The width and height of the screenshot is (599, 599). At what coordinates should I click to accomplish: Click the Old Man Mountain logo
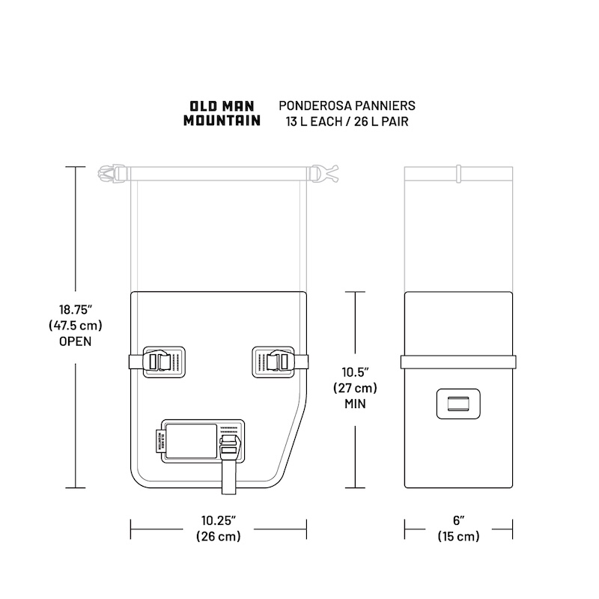click(x=222, y=114)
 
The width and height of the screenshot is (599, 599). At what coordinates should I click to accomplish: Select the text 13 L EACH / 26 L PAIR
click(x=347, y=121)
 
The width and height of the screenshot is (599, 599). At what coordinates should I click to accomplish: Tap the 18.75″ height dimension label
click(x=76, y=309)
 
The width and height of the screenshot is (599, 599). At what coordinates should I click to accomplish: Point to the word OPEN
click(x=76, y=341)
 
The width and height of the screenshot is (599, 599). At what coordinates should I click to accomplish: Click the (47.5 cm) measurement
click(x=76, y=326)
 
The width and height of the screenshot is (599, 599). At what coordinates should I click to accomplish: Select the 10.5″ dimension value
click(x=355, y=371)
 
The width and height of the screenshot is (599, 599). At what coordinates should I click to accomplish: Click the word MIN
click(x=355, y=404)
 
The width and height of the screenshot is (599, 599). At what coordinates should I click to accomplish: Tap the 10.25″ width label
click(x=219, y=520)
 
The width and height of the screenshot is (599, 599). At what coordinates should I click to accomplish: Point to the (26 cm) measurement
click(x=219, y=536)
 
